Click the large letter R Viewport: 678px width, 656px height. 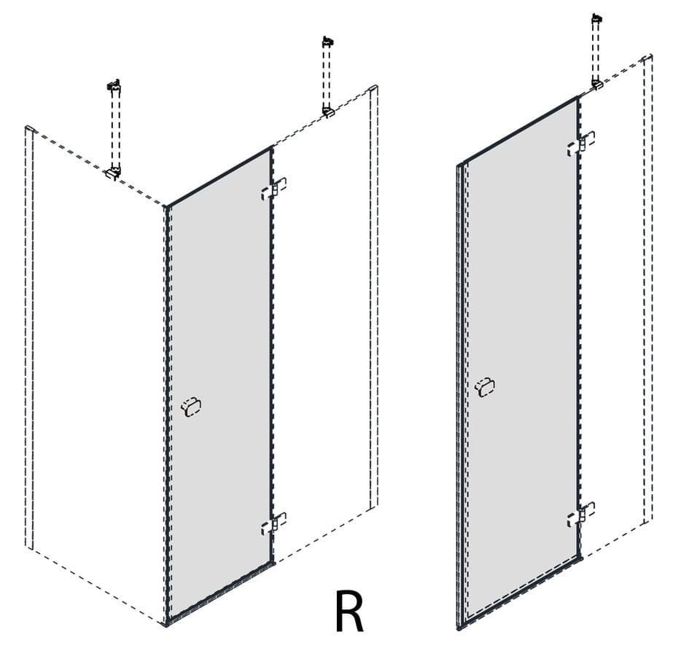click(x=349, y=610)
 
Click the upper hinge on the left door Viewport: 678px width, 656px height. click(x=273, y=189)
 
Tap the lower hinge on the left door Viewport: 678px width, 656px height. click(x=273, y=523)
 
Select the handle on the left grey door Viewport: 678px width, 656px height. click(x=191, y=407)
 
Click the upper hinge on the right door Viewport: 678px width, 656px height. click(x=581, y=143)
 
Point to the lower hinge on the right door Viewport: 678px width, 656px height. click(x=581, y=514)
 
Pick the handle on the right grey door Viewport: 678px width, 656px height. click(x=485, y=386)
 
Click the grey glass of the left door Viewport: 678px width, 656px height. click(x=219, y=380)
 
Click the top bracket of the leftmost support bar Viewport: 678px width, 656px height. click(x=114, y=85)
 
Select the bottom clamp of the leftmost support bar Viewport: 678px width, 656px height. click(x=113, y=172)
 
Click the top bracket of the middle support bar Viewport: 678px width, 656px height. click(x=328, y=42)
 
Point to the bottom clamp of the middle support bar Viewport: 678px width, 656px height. click(x=329, y=112)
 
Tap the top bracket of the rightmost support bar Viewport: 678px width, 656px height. click(x=597, y=19)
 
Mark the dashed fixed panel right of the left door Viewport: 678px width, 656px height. click(x=324, y=320)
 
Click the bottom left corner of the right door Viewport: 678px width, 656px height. click(x=459, y=628)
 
